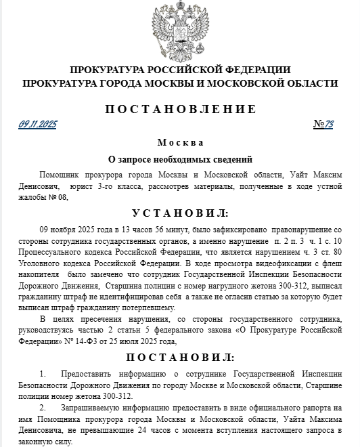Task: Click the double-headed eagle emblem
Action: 180,30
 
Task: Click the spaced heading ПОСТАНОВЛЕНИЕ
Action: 180,109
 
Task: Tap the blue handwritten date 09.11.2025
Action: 38,125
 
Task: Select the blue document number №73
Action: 323,125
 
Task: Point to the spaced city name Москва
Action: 180,143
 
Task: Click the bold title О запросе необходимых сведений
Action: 180,160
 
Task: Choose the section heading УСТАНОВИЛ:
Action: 180,213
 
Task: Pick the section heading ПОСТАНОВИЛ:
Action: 180,357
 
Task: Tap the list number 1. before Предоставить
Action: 44,374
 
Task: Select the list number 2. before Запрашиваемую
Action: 44,408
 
